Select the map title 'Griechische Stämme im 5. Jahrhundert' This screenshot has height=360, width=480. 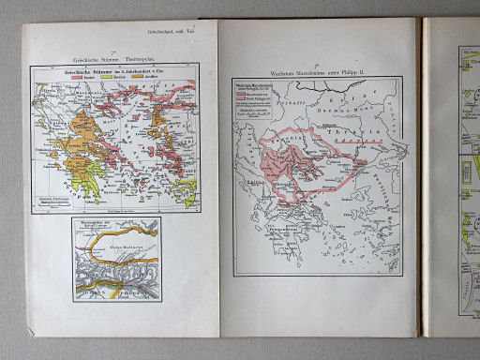[x=113, y=71]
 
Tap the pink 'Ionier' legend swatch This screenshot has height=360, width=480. [x=80, y=79]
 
